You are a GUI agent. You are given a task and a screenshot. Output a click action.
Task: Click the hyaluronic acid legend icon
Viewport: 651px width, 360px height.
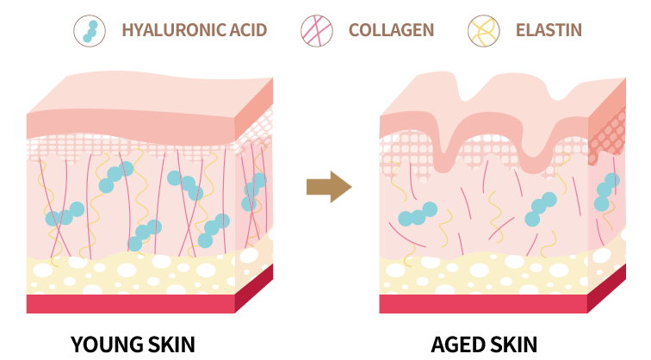click(x=90, y=31)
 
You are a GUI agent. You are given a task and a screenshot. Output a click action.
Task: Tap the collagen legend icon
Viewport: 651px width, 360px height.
click(x=317, y=31)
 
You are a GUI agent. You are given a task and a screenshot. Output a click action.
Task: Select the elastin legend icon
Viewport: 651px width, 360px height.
click(x=484, y=31)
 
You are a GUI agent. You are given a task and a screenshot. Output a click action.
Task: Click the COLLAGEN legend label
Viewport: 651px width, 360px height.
click(x=391, y=30)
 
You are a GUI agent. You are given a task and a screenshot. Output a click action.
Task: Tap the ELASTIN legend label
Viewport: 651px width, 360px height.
click(x=549, y=30)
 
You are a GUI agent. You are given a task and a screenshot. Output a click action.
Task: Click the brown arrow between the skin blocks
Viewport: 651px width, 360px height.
click(x=329, y=187)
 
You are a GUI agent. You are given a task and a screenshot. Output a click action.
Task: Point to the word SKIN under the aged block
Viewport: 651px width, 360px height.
click(x=512, y=344)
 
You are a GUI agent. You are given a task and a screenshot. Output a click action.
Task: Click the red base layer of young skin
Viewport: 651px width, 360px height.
click(x=131, y=303)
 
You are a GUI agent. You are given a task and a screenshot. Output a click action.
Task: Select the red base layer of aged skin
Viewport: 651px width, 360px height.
click(x=483, y=303)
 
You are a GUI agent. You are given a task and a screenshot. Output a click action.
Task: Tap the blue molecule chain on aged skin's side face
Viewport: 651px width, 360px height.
click(x=606, y=192)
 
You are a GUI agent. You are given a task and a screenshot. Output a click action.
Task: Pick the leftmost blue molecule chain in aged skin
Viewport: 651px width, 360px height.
click(x=418, y=214)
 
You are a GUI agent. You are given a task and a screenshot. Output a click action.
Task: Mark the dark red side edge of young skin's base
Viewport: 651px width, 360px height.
click(x=254, y=289)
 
